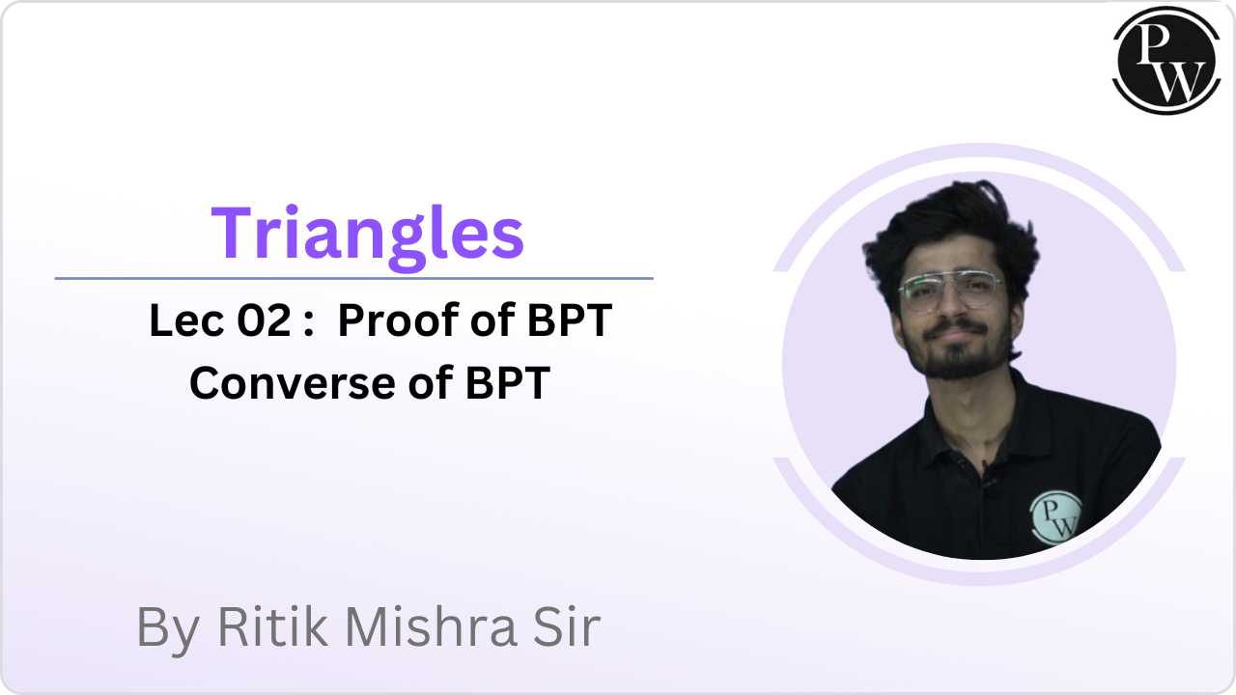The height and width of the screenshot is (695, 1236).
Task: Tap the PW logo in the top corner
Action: pos(1166,60)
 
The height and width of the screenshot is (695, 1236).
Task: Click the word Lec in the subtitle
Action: pos(186,320)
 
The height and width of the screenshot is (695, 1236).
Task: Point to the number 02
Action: pos(264,320)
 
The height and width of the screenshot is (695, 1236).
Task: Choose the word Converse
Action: pos(293,383)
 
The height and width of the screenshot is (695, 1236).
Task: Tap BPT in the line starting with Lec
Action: pos(570,320)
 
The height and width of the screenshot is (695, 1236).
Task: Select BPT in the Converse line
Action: pos(508,383)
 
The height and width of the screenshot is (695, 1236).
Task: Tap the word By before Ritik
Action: pos(168,630)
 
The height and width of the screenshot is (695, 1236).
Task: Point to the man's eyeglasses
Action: pos(951,291)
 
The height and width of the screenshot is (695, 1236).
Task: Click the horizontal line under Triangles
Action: pos(354,279)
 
